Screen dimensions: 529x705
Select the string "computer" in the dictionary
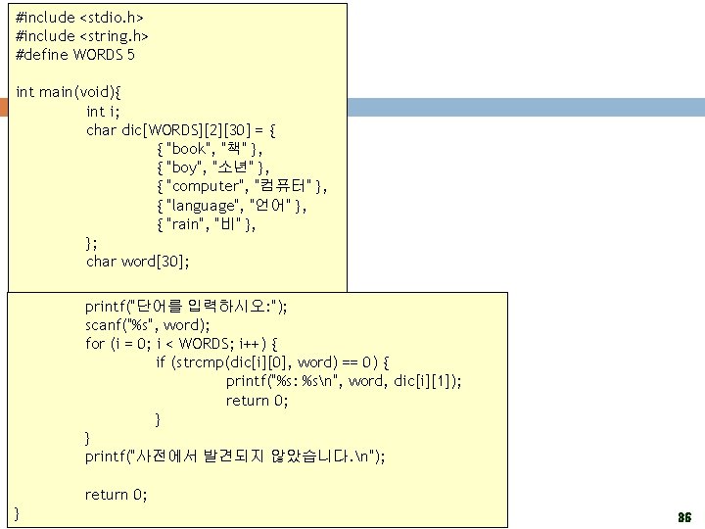pyautogui.click(x=206, y=186)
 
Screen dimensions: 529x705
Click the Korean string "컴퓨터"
pyautogui.click(x=283, y=186)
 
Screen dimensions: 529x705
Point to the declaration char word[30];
pyautogui.click(x=138, y=262)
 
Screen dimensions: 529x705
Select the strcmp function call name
pyautogui.click(x=190, y=362)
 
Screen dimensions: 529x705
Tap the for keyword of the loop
pyautogui.click(x=95, y=344)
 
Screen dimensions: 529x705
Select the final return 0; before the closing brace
pyautogui.click(x=116, y=495)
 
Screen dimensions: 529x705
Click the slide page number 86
pyautogui.click(x=684, y=516)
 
